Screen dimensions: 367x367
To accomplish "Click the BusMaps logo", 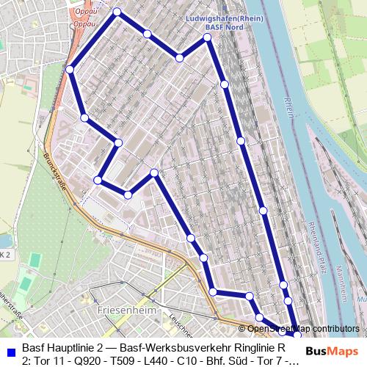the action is (x=332, y=351).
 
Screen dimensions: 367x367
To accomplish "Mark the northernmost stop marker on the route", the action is (x=117, y=12).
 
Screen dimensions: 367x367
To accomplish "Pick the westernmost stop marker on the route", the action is (x=70, y=69).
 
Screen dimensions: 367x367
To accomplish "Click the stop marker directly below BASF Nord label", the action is (x=208, y=37).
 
